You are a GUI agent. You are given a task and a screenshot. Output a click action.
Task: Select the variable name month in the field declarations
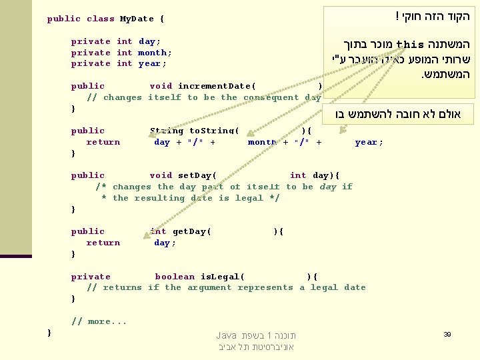coord(153,53)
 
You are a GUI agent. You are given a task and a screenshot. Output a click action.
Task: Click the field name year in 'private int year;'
coord(151,64)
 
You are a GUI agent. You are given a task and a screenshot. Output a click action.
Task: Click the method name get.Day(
coord(192,231)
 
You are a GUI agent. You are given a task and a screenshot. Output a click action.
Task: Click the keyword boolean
coord(175,277)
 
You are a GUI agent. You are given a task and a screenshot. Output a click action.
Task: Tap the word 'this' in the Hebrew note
coord(410,45)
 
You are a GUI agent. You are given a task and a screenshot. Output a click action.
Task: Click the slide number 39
coord(447,333)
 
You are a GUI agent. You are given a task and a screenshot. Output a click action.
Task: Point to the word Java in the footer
coord(227,335)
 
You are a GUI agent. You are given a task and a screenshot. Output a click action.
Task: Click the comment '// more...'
coord(99,321)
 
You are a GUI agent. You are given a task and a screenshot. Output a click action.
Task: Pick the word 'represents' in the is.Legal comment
coord(265,288)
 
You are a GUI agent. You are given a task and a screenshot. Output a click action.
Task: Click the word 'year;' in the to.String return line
coord(369,142)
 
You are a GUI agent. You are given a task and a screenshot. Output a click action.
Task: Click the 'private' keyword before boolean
coord(91,277)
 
